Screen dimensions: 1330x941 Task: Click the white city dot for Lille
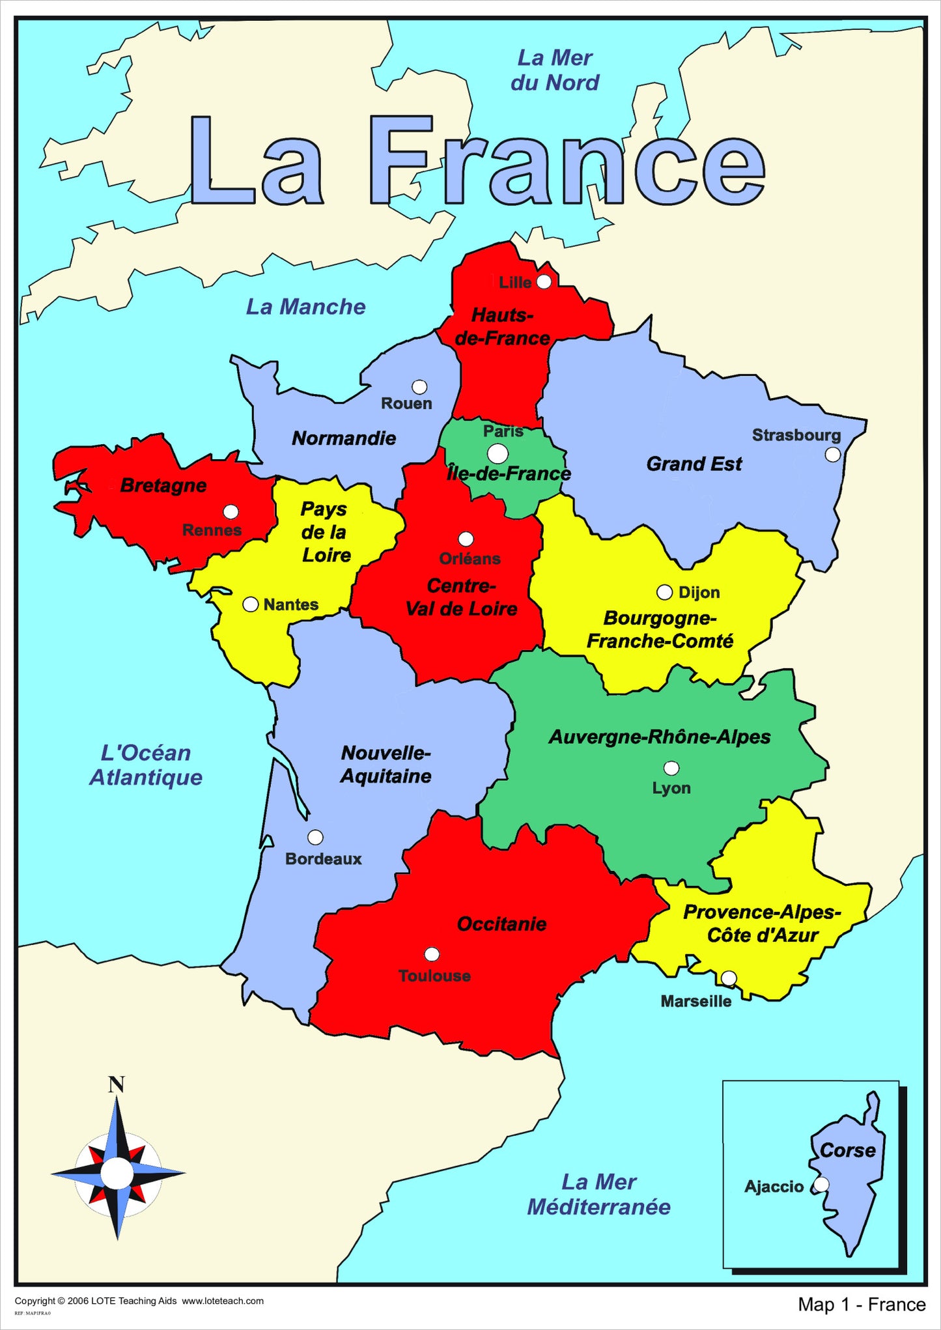pyautogui.click(x=544, y=281)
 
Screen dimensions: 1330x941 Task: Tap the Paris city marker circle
pyautogui.click(x=498, y=453)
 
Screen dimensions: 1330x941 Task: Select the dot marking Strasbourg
pyautogui.click(x=833, y=455)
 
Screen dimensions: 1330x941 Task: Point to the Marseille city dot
pyautogui.click(x=729, y=978)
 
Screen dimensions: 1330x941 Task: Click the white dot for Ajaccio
pyautogui.click(x=822, y=1184)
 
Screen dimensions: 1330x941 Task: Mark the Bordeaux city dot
pyautogui.click(x=315, y=837)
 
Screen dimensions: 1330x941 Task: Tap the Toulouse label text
pyautogui.click(x=434, y=976)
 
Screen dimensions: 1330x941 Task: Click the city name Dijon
pyautogui.click(x=699, y=592)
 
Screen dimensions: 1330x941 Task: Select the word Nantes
pyautogui.click(x=290, y=604)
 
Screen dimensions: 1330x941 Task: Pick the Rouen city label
pyautogui.click(x=406, y=404)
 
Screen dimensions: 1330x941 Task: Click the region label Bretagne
pyautogui.click(x=163, y=485)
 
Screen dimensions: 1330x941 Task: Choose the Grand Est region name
pyautogui.click(x=694, y=464)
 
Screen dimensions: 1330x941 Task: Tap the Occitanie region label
pyautogui.click(x=501, y=924)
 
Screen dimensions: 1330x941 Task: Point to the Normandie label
pyautogui.click(x=344, y=438)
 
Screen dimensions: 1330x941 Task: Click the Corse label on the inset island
pyautogui.click(x=847, y=1150)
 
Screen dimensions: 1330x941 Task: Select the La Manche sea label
pyautogui.click(x=305, y=307)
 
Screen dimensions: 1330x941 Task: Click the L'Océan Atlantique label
pyautogui.click(x=146, y=765)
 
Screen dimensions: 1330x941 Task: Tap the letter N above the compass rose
pyautogui.click(x=116, y=1084)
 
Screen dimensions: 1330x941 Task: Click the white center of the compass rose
pyautogui.click(x=117, y=1172)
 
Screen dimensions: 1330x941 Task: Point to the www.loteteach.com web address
pyautogui.click(x=223, y=1301)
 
